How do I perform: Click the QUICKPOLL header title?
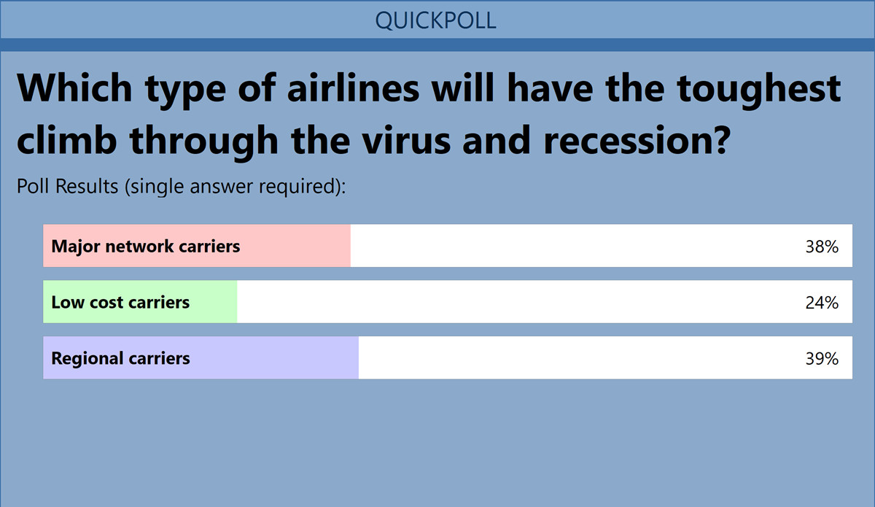(x=435, y=20)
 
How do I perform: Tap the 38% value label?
(x=822, y=247)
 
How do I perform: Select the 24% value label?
(x=822, y=303)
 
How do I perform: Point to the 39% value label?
(x=822, y=358)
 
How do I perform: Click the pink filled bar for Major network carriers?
(x=197, y=246)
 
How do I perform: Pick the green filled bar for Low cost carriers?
(x=140, y=301)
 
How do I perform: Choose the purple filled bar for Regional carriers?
(x=201, y=357)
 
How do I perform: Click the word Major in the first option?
(x=76, y=247)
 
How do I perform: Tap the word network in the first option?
(x=139, y=247)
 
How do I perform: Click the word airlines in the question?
(x=353, y=88)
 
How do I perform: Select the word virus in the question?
(x=406, y=141)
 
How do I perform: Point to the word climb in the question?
(x=67, y=139)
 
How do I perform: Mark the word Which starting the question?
(x=74, y=88)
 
